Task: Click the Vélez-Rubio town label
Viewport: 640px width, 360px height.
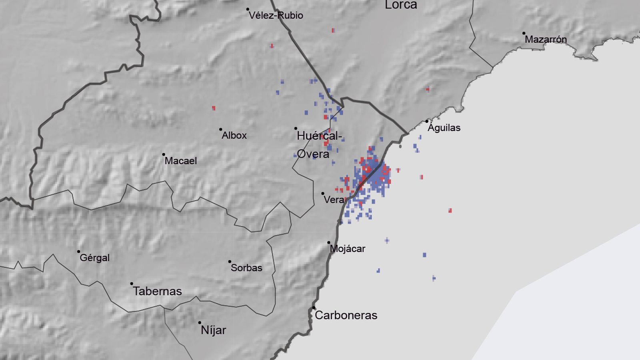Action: click(276, 16)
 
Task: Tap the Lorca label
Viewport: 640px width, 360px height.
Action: click(401, 5)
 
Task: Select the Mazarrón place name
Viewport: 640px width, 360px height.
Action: click(546, 40)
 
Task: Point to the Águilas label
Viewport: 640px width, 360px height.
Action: click(444, 128)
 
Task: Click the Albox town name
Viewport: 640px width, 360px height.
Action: click(234, 136)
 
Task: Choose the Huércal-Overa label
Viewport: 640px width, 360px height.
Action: click(319, 145)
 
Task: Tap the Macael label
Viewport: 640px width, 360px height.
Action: click(181, 161)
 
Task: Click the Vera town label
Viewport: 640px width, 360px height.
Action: click(334, 200)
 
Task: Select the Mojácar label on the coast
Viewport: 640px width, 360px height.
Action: click(347, 249)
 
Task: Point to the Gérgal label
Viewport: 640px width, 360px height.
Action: click(94, 258)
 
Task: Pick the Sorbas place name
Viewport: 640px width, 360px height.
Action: click(246, 268)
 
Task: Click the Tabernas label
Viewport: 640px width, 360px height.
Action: click(157, 291)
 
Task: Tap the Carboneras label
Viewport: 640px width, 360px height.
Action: click(346, 315)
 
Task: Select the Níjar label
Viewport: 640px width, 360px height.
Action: click(213, 330)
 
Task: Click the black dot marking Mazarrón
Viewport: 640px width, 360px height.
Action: click(524, 34)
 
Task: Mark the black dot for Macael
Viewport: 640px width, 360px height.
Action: click(164, 154)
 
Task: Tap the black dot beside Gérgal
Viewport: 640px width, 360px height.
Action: click(78, 252)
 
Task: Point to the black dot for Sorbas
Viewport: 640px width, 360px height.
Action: click(230, 262)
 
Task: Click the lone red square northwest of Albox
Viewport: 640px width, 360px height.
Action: click(214, 108)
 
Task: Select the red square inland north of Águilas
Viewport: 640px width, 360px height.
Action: click(428, 89)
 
